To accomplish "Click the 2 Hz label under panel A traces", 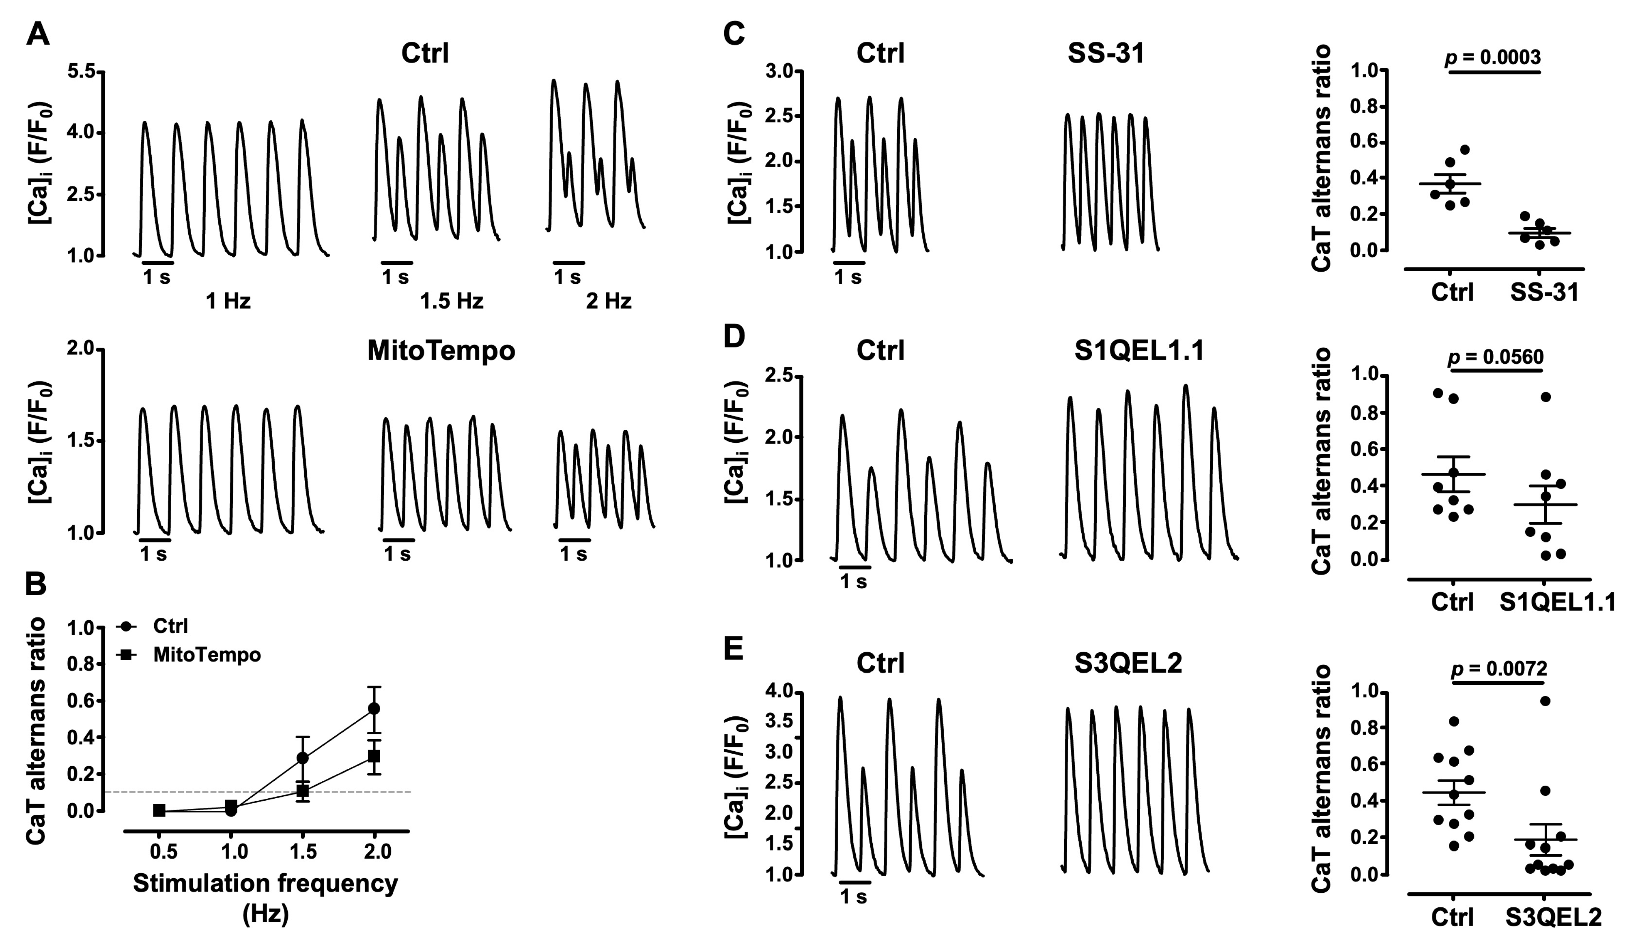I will tap(608, 301).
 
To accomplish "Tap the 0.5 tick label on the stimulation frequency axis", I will tap(164, 852).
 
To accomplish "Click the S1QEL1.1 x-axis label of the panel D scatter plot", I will tap(1556, 602).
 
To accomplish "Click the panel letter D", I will tap(734, 337).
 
